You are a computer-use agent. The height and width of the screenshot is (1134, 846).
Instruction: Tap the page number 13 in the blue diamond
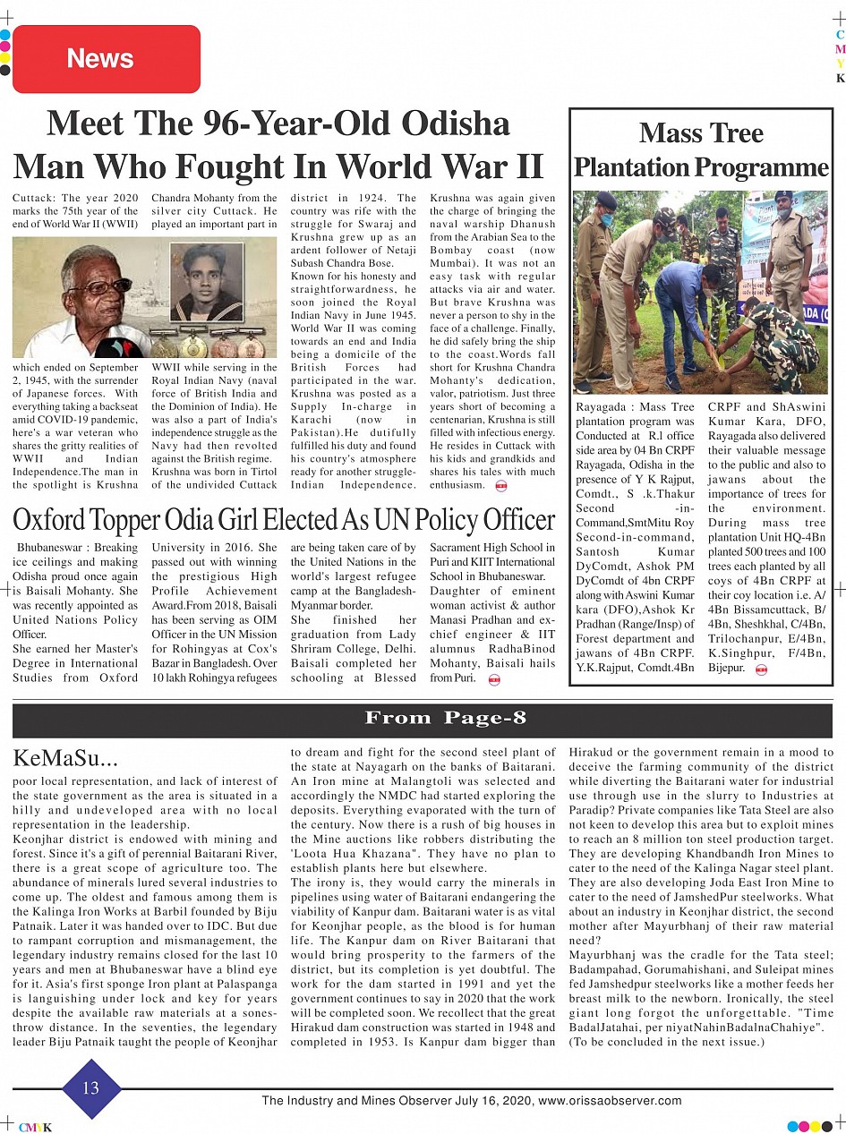coord(90,1087)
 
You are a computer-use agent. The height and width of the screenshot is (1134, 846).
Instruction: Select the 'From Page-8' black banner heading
coord(445,719)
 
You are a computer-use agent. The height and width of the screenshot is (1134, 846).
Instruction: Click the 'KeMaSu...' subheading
coord(65,760)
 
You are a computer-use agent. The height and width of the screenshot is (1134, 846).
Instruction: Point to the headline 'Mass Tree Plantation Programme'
coord(701,149)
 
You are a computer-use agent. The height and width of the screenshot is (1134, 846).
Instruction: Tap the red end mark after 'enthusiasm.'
coord(500,486)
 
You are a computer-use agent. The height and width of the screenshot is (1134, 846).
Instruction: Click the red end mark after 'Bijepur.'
coord(761,669)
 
